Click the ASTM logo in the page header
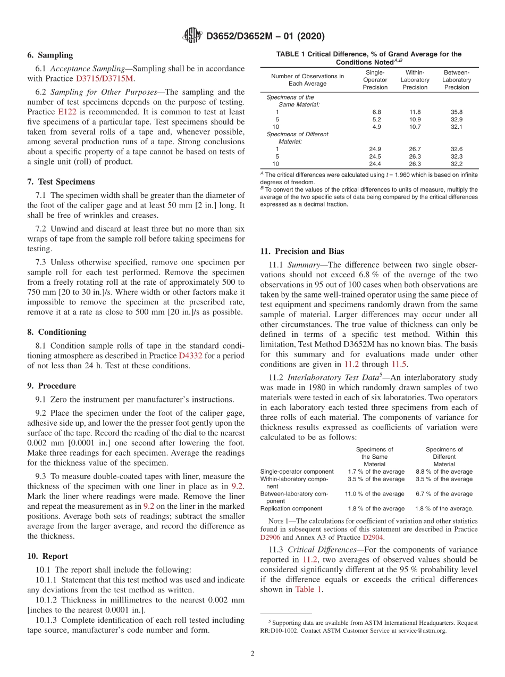click(192, 36)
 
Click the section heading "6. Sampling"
click(50, 55)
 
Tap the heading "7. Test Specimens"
click(61, 181)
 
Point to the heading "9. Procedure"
click(52, 386)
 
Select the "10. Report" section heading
click(47, 556)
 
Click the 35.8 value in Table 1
click(456, 112)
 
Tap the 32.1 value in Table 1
click(456, 127)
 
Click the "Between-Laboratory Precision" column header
click(456, 80)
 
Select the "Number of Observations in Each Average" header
click(307, 80)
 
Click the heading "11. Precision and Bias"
click(302, 251)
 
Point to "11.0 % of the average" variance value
click(374, 494)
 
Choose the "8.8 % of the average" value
click(443, 472)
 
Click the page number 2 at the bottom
click(252, 654)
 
